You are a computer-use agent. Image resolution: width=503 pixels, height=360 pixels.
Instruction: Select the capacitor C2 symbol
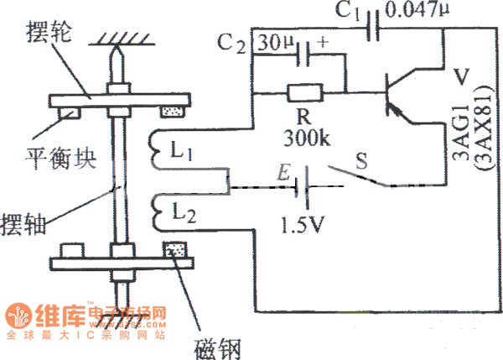[x=307, y=55]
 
